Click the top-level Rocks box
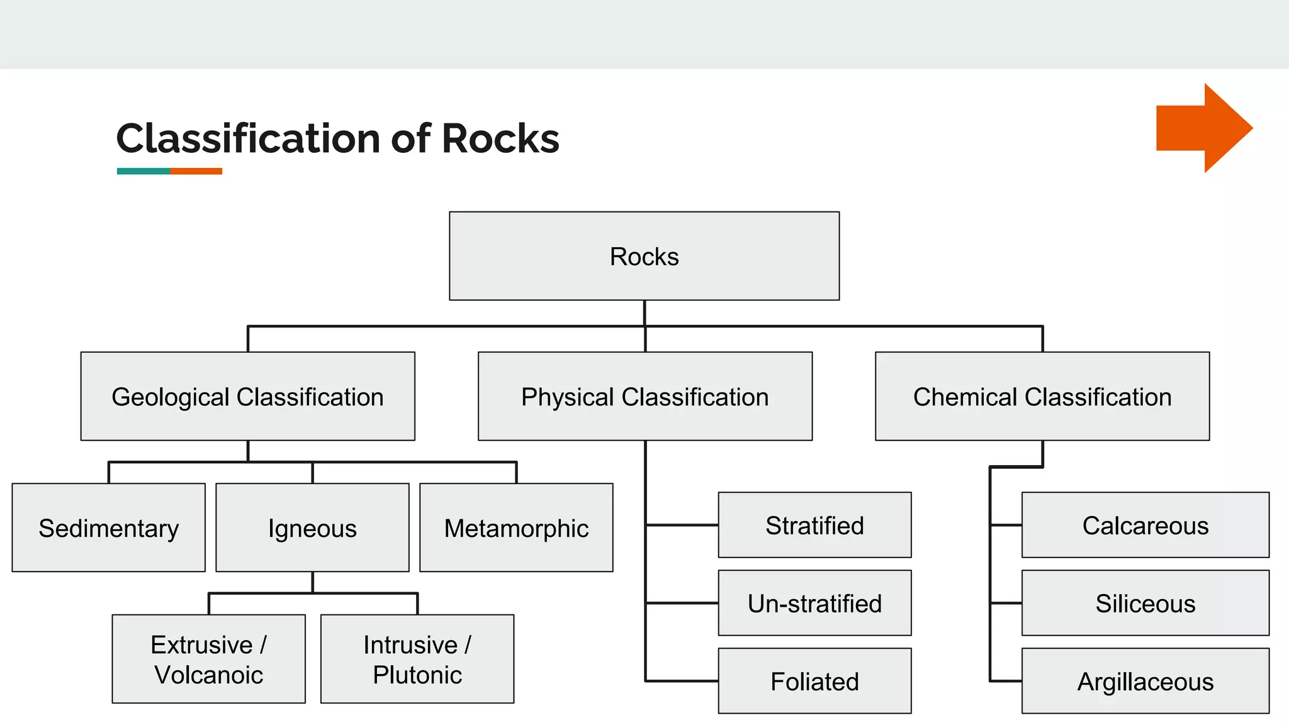pyautogui.click(x=644, y=256)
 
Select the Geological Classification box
pyautogui.click(x=247, y=396)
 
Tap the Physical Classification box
pyautogui.click(x=644, y=396)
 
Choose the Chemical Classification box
pyautogui.click(x=1042, y=396)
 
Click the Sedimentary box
pyautogui.click(x=108, y=528)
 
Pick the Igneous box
pyautogui.click(x=312, y=528)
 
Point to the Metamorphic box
pyautogui.click(x=516, y=528)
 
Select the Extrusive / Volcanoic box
pyautogui.click(x=208, y=659)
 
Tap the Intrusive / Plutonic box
pyautogui.click(x=417, y=659)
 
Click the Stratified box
pyautogui.click(x=814, y=525)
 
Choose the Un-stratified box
pyautogui.click(x=814, y=603)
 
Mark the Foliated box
pyautogui.click(x=814, y=681)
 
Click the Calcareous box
pyautogui.click(x=1145, y=525)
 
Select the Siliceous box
pyautogui.click(x=1145, y=603)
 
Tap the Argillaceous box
pyautogui.click(x=1145, y=681)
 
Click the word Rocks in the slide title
pyautogui.click(x=500, y=138)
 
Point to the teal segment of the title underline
pyautogui.click(x=143, y=171)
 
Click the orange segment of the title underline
pyautogui.click(x=196, y=171)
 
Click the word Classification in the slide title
pyautogui.click(x=248, y=138)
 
